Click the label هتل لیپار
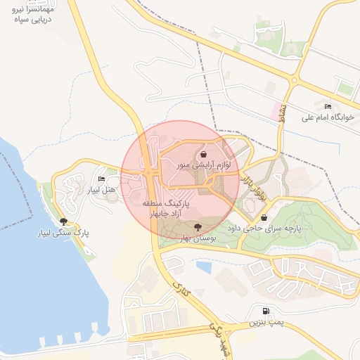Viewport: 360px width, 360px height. click(x=101, y=191)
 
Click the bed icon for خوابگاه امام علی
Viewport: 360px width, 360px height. click(x=328, y=106)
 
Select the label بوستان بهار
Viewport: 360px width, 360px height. click(x=197, y=239)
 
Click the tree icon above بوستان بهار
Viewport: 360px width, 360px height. click(x=198, y=226)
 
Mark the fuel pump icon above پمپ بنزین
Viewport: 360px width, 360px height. click(x=265, y=311)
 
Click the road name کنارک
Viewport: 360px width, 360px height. click(x=181, y=290)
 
